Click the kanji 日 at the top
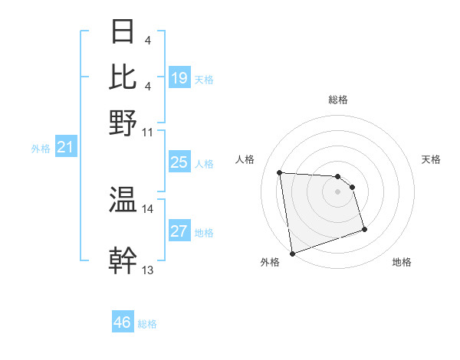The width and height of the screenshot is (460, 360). click(x=123, y=32)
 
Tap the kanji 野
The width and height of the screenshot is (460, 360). click(x=123, y=123)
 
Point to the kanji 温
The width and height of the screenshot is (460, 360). click(x=123, y=201)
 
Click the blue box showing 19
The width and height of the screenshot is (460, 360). click(x=179, y=78)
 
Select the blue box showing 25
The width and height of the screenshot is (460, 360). click(x=179, y=163)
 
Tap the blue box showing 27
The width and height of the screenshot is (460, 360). click(x=179, y=232)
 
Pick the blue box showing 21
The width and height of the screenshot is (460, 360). click(x=64, y=148)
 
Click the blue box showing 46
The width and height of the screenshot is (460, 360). click(x=123, y=322)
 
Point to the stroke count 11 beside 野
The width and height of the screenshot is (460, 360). click(x=148, y=131)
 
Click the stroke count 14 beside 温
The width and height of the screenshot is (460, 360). click(x=148, y=208)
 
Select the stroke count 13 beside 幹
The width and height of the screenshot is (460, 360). click(x=148, y=270)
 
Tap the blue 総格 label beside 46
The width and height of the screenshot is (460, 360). click(x=147, y=324)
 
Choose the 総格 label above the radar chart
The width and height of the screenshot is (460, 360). click(x=337, y=100)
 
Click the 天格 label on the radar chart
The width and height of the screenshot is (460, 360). click(x=431, y=159)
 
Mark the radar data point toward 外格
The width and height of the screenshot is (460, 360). click(x=292, y=253)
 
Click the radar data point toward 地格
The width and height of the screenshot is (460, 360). click(x=364, y=229)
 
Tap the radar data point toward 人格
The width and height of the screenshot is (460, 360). click(x=280, y=172)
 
